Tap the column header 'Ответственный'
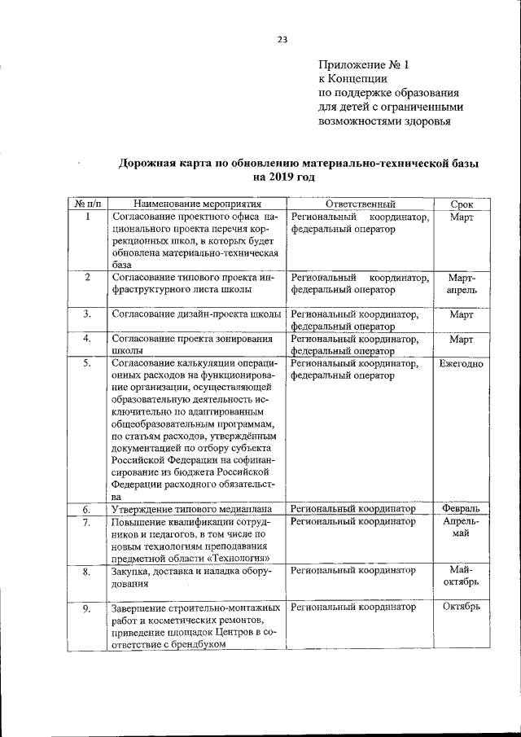(360, 204)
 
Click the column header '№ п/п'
(87, 204)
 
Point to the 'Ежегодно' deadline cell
(461, 363)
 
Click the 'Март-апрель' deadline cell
(461, 284)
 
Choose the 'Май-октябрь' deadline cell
(461, 576)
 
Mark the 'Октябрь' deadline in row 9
(461, 607)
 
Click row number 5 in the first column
(87, 363)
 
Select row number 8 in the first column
(87, 573)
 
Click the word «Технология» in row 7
(234, 558)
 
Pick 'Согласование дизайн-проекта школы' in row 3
(196, 314)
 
